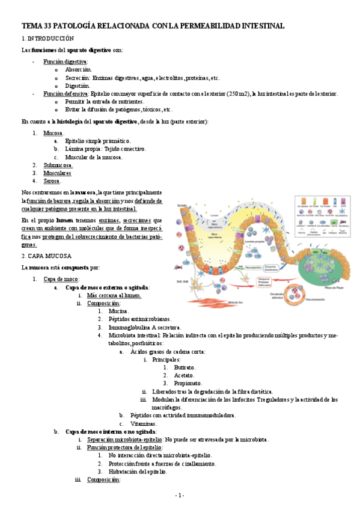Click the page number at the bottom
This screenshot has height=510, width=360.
click(179, 495)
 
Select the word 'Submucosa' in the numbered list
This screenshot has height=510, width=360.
click(58, 164)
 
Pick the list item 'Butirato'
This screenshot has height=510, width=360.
click(185, 367)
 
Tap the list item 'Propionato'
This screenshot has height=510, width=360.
click(188, 383)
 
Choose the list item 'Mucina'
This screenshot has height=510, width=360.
click(118, 311)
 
